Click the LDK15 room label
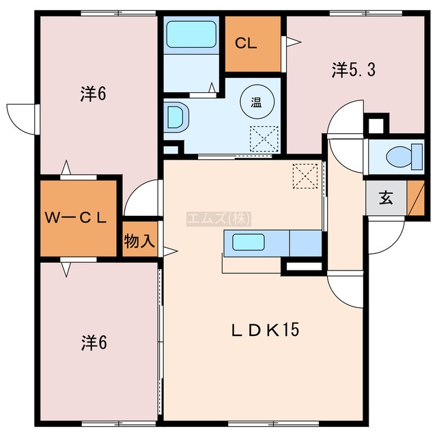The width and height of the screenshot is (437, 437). [265, 330]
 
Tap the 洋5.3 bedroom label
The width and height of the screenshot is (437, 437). [354, 70]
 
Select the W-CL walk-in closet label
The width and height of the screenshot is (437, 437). [76, 218]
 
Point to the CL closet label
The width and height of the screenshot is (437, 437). [246, 44]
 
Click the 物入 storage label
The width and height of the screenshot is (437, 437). [139, 241]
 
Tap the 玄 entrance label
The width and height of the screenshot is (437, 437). [386, 197]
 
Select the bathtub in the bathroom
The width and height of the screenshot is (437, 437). [191, 34]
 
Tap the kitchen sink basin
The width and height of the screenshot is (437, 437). [249, 242]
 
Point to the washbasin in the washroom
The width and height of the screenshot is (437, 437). [176, 117]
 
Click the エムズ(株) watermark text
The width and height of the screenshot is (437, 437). [218, 218]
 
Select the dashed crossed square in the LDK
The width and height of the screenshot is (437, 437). [305, 176]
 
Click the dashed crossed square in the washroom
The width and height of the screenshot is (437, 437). [264, 139]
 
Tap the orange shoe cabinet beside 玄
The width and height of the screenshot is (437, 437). [416, 198]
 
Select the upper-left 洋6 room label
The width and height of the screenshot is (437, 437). [93, 94]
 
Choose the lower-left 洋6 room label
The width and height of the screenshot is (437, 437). [94, 343]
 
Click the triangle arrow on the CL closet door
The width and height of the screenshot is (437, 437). [294, 42]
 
